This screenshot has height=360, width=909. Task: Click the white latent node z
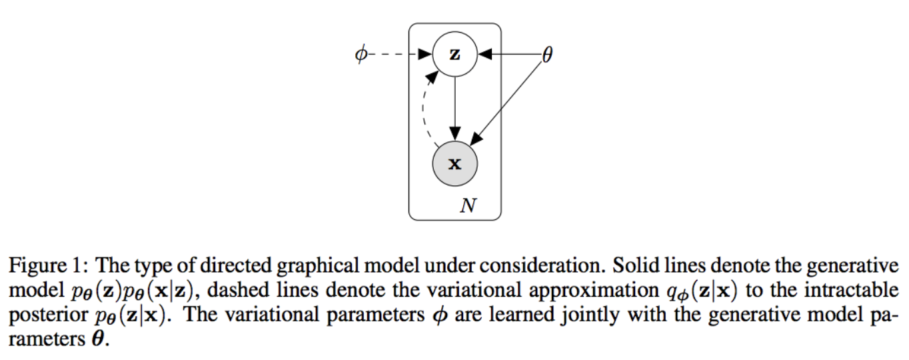point(455,54)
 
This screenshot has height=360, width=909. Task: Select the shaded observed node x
point(455,163)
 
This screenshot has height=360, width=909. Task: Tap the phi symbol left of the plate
point(361,54)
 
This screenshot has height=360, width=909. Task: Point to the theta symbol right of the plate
point(547,54)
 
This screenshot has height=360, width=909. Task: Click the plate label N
point(468,205)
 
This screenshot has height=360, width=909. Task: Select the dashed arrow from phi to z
point(400,54)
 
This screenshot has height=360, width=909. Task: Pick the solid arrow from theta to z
point(510,54)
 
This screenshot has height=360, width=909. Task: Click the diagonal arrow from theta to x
point(506,104)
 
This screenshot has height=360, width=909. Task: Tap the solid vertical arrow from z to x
point(455,109)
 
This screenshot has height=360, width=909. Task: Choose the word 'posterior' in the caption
point(48,315)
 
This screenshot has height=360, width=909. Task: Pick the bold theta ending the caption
point(97,339)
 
